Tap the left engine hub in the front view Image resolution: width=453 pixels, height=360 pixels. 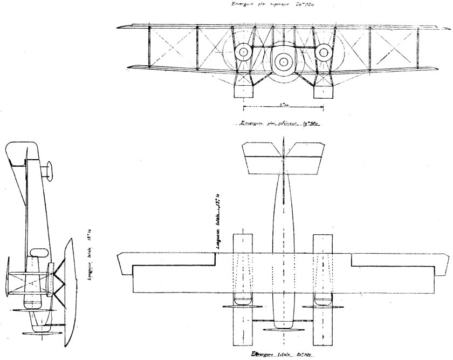244,52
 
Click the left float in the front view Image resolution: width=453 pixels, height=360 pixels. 243,91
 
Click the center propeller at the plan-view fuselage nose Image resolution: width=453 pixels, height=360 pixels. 283,328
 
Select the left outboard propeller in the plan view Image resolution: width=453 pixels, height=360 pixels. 243,305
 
